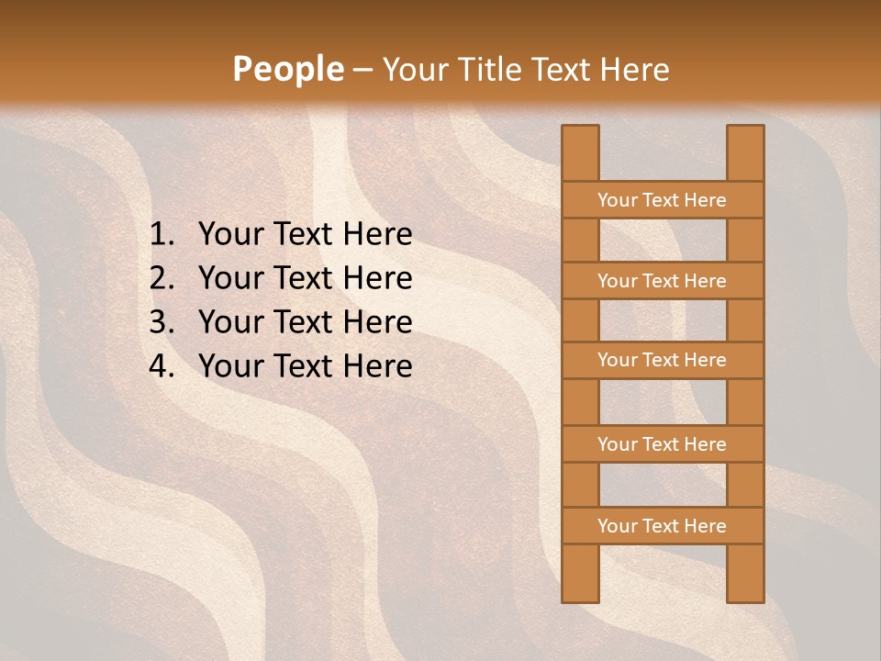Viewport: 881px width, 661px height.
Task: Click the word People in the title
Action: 287,69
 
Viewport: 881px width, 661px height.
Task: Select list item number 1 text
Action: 305,235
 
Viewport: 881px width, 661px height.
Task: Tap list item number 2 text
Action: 305,278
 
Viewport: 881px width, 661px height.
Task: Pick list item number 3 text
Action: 305,322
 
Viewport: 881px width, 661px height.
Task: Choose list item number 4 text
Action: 305,366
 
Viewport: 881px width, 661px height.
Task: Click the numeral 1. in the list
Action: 162,235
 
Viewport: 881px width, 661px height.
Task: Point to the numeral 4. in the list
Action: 162,366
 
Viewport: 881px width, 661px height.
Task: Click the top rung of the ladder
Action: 662,200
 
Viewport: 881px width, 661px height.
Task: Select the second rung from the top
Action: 662,281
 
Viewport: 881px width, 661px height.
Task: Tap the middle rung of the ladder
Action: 662,360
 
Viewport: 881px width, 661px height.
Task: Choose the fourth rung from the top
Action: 662,444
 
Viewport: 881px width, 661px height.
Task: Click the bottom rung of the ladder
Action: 662,526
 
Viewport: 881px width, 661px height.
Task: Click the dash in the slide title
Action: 362,71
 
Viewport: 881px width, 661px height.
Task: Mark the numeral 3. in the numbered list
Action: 162,322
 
